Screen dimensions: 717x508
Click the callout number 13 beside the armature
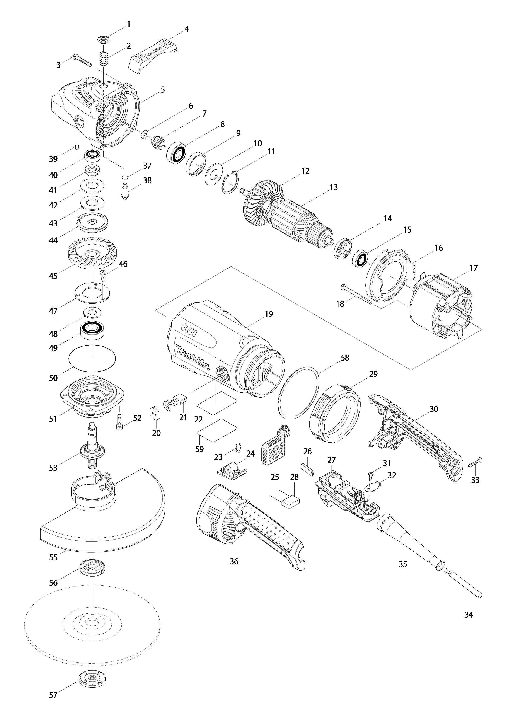pyautogui.click(x=334, y=187)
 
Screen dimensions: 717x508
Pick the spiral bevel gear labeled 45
pyautogui.click(x=92, y=250)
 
